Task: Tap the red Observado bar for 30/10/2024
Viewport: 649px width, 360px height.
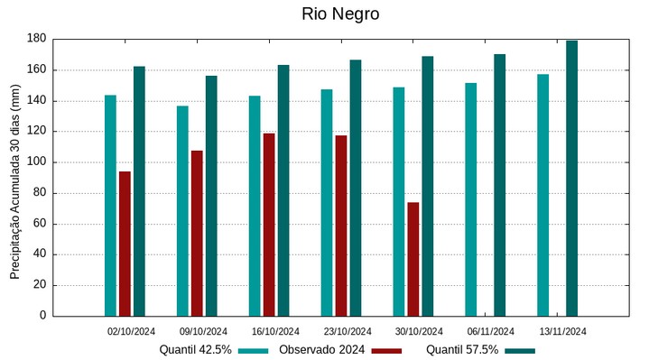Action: pyautogui.click(x=413, y=259)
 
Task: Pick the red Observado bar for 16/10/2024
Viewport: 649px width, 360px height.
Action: pyautogui.click(x=269, y=225)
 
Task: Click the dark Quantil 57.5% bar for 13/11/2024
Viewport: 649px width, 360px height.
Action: pyautogui.click(x=571, y=178)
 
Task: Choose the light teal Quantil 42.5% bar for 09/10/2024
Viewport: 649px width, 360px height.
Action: pyautogui.click(x=182, y=211)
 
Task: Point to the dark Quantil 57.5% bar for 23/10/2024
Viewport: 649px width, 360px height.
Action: pyautogui.click(x=356, y=188)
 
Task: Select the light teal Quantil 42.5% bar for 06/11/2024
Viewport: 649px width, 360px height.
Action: pyautogui.click(x=471, y=199)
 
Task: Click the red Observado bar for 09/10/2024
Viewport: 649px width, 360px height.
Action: pyautogui.click(x=197, y=233)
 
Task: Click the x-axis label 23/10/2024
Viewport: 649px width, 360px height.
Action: pyautogui.click(x=348, y=331)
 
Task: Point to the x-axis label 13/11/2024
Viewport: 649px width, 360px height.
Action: pyautogui.click(x=563, y=331)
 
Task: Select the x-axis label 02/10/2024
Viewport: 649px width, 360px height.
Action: pyautogui.click(x=132, y=331)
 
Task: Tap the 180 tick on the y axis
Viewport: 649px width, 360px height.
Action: pyautogui.click(x=36, y=39)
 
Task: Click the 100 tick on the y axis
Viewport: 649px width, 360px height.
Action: pyautogui.click(x=36, y=162)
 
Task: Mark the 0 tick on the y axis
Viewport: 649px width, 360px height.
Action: pyautogui.click(x=42, y=316)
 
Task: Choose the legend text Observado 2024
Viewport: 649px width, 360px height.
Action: pyautogui.click(x=321, y=350)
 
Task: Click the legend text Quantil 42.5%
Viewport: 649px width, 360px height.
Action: pyautogui.click(x=196, y=350)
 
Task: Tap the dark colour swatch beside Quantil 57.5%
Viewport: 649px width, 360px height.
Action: pyautogui.click(x=520, y=350)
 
